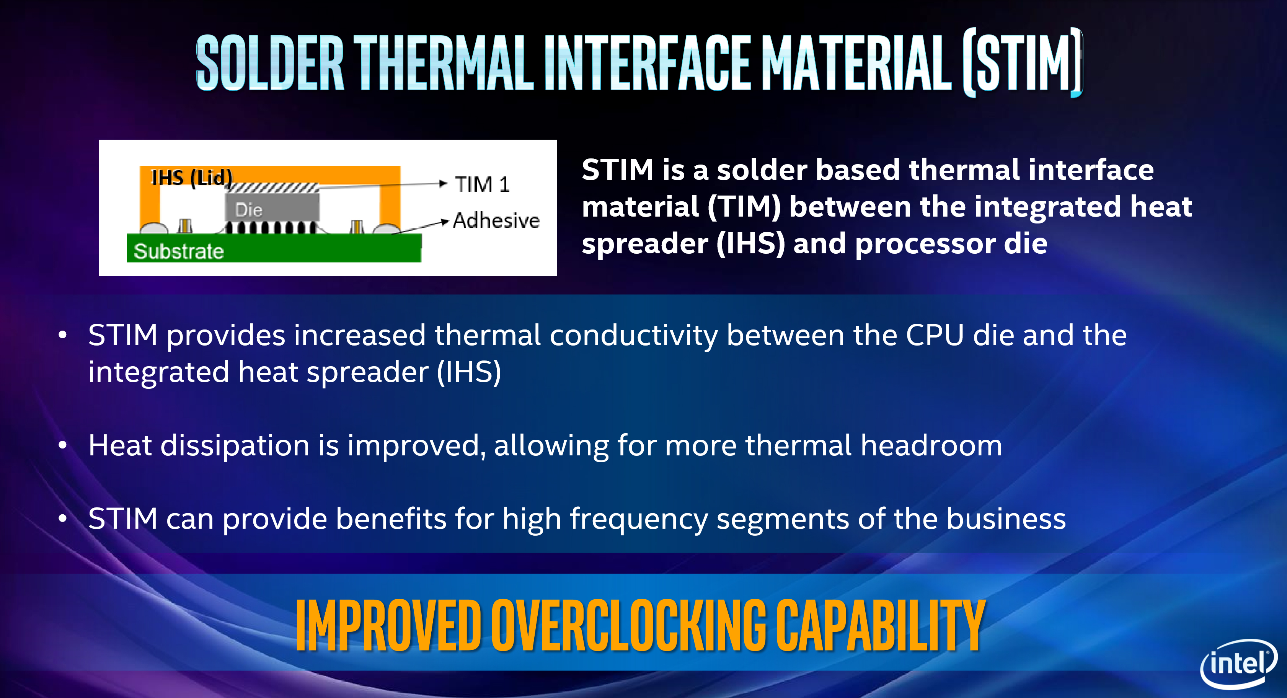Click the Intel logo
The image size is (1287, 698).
[x=1238, y=664]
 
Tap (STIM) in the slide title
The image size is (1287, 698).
[x=1023, y=62]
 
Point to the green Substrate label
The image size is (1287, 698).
[x=179, y=251]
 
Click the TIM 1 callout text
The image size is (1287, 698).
[x=482, y=184]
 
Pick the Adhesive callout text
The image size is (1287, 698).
[x=496, y=220]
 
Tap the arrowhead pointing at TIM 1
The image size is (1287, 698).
[x=443, y=183]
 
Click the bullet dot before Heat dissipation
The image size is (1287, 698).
[x=62, y=445]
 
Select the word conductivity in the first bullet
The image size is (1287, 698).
[x=633, y=336]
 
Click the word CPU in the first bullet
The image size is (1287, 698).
[x=935, y=335]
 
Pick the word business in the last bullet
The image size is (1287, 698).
[x=1006, y=518]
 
